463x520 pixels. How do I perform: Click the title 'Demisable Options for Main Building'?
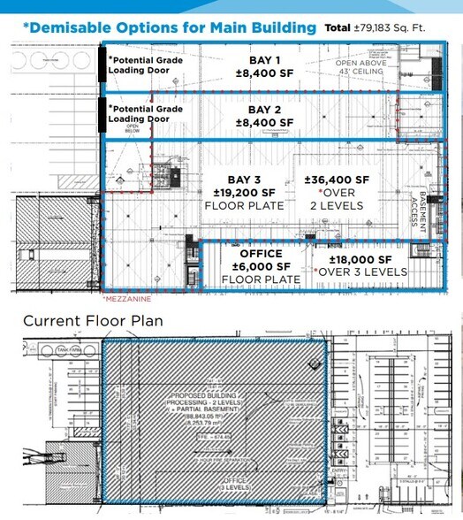(x=169, y=27)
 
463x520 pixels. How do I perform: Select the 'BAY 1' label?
(x=265, y=60)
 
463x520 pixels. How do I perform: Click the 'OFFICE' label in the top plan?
(x=254, y=254)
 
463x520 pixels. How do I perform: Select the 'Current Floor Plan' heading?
(x=93, y=320)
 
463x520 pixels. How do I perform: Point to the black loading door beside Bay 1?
(x=102, y=65)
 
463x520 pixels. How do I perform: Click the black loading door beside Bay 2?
(x=102, y=113)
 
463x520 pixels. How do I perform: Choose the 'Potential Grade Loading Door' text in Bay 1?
(x=139, y=67)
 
